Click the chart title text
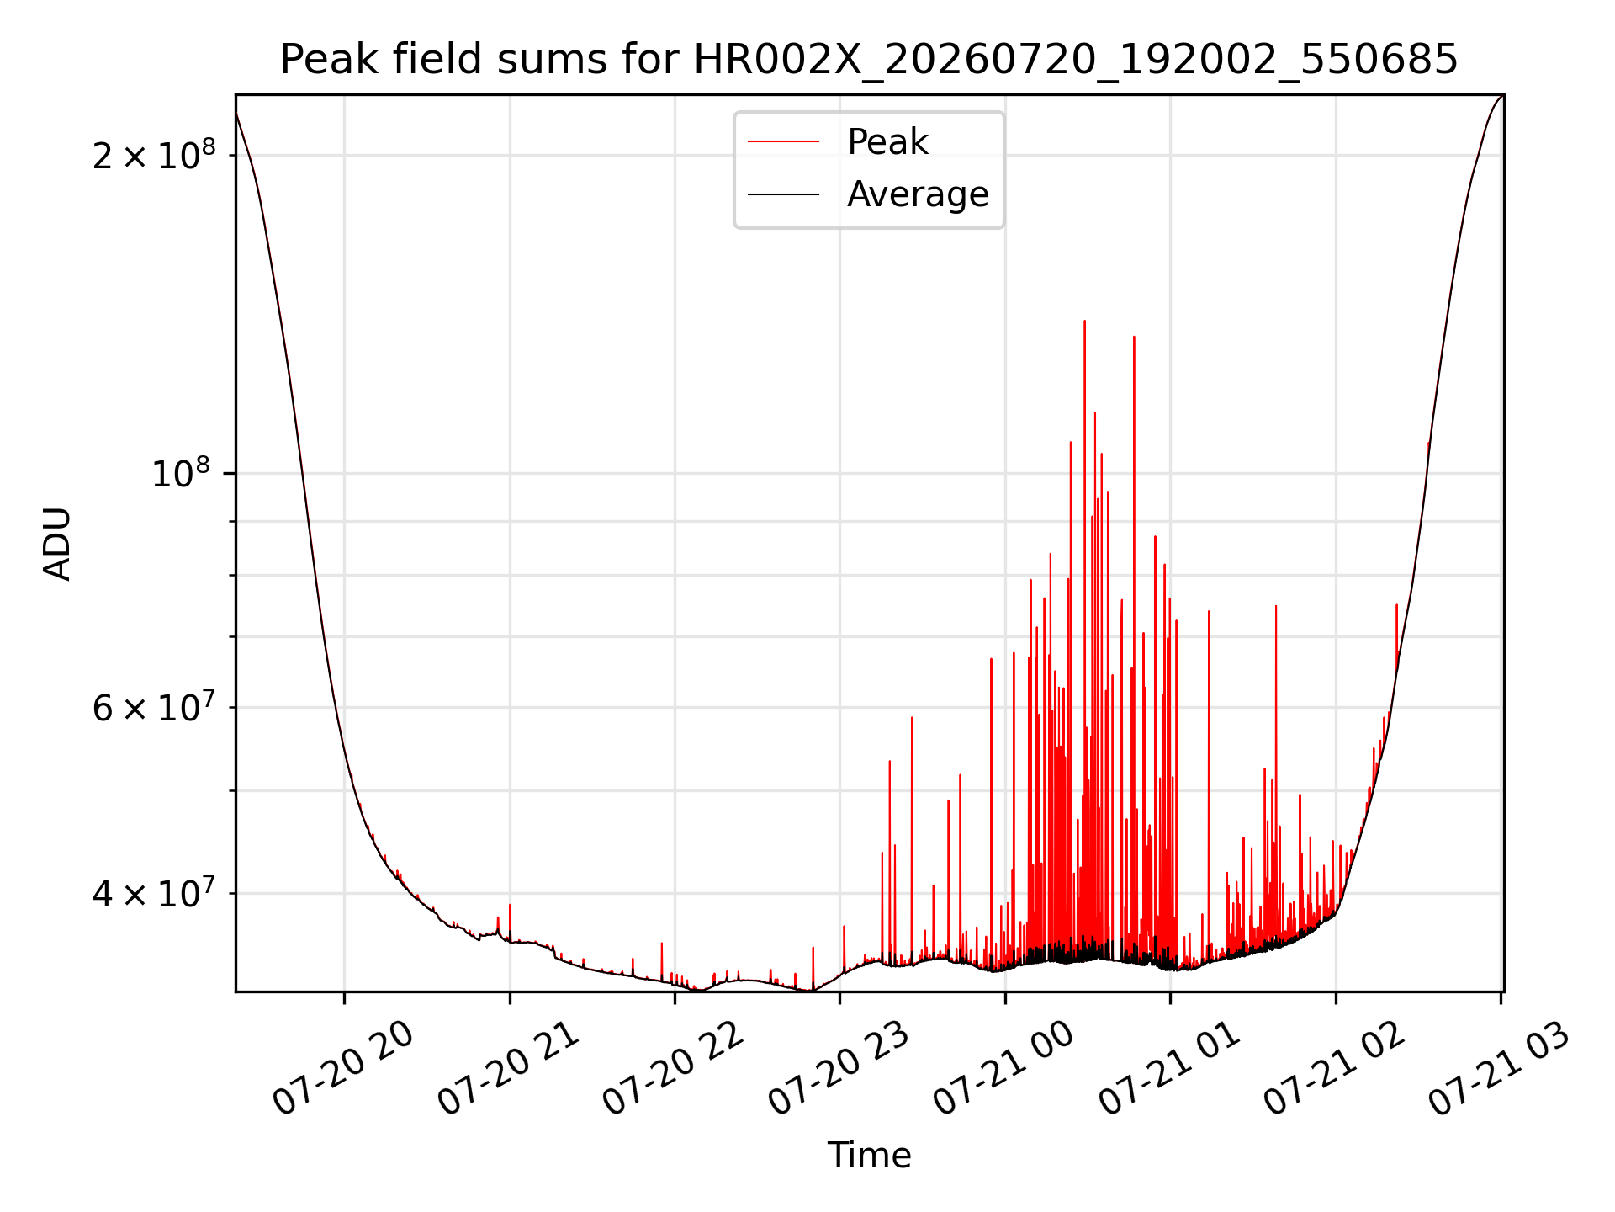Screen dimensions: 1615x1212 [x=869, y=60]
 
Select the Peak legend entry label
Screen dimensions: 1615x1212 [x=887, y=142]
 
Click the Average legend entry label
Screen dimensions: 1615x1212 [x=918, y=194]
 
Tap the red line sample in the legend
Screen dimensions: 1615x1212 [x=783, y=142]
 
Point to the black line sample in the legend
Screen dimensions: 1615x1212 [x=783, y=194]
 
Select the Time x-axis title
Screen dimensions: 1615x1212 [x=869, y=1156]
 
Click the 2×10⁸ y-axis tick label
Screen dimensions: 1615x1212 [x=154, y=154]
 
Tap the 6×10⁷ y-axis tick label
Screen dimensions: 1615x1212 [x=154, y=707]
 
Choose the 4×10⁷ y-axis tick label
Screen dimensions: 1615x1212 [x=154, y=892]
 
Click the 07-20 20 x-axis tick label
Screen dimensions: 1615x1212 [x=344, y=1069]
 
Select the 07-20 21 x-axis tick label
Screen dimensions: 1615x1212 [x=509, y=1069]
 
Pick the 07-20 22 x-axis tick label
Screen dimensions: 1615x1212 [x=674, y=1069]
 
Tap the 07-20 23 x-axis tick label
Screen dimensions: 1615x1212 [x=839, y=1069]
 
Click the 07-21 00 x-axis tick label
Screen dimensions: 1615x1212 [x=1004, y=1069]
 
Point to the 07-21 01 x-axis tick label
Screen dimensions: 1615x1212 [x=1170, y=1069]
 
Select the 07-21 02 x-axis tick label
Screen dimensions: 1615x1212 [x=1335, y=1069]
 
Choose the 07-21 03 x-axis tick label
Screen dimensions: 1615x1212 [x=1500, y=1069]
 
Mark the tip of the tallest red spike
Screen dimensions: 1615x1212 [x=1084, y=321]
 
